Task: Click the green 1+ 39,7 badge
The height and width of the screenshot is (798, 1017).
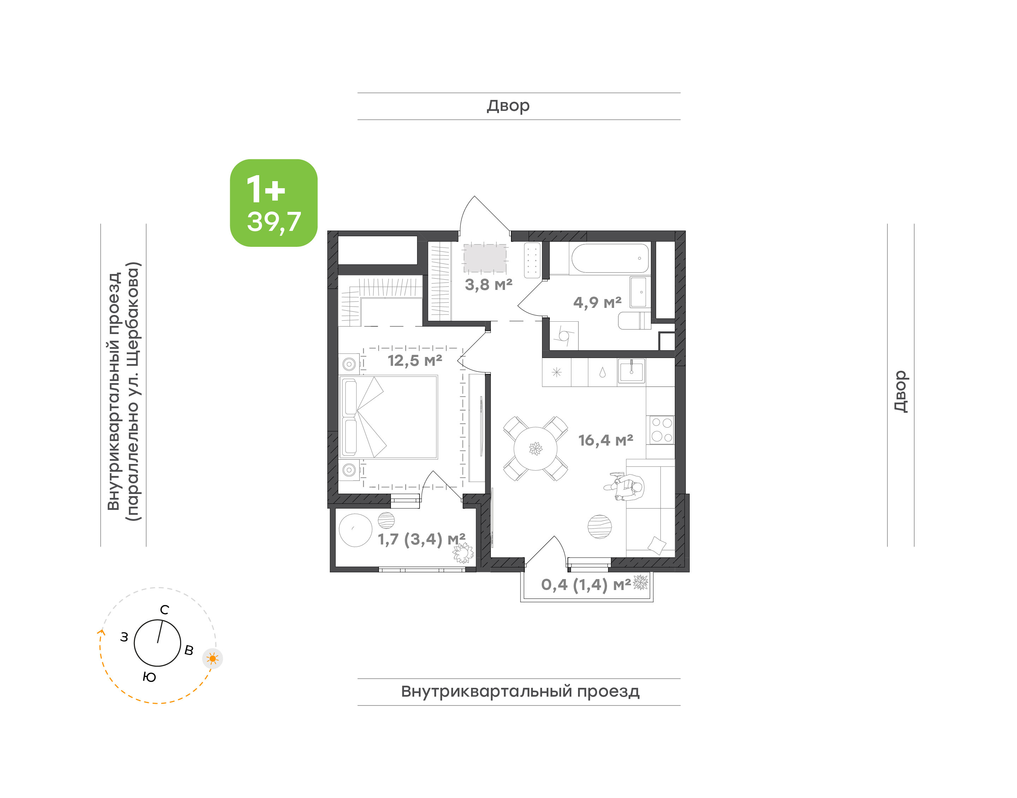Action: coord(273,203)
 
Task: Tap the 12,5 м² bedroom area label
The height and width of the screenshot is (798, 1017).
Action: coord(415,361)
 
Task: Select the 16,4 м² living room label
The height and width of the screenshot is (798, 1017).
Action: coord(606,440)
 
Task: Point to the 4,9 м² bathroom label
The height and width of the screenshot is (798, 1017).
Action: coord(597,303)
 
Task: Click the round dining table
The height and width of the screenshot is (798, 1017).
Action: coord(535,448)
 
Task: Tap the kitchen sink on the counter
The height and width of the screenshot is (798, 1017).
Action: coord(631,371)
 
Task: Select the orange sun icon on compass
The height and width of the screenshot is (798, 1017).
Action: coord(213,659)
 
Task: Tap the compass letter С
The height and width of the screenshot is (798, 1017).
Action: coord(165,610)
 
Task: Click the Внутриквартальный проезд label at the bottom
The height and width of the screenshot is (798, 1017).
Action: coord(520,691)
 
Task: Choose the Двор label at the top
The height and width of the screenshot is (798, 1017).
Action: coord(508,106)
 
